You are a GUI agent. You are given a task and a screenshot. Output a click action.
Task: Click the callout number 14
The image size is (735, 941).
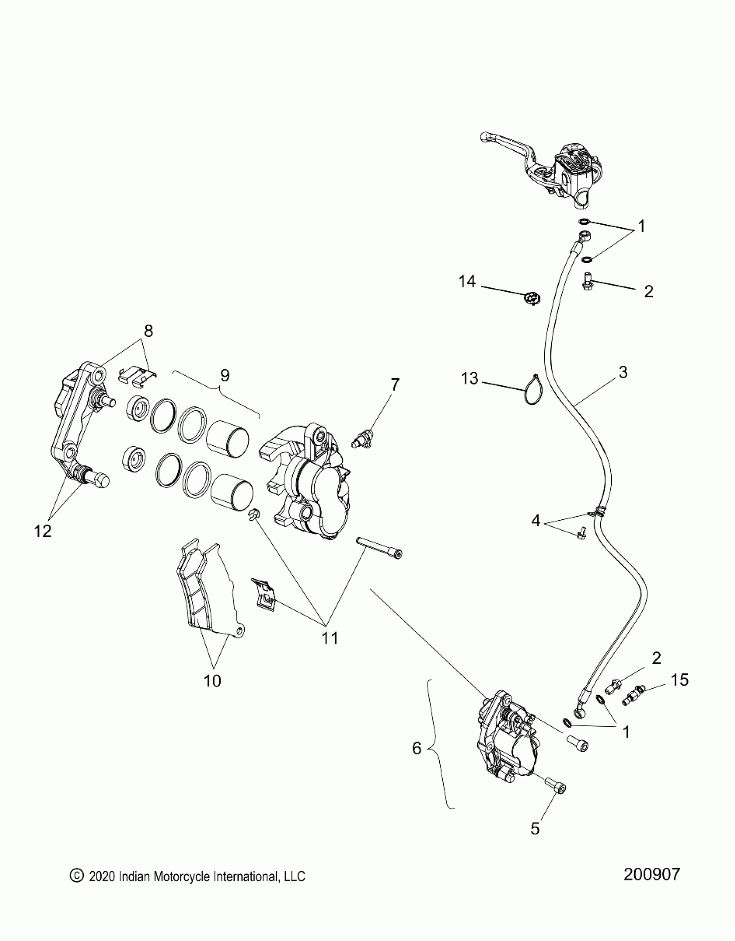tap(467, 282)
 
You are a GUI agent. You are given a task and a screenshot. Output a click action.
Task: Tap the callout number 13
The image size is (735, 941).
tap(470, 379)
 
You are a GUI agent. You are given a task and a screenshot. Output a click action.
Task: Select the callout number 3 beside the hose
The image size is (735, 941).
tap(623, 373)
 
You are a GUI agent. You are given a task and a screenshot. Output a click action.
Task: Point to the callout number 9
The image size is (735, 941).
tap(224, 376)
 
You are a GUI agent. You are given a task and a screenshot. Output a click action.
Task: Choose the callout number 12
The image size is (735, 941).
tap(42, 531)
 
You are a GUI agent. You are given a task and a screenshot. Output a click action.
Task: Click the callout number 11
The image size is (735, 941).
tap(330, 638)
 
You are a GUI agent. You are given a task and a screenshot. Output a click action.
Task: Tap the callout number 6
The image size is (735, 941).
tap(416, 748)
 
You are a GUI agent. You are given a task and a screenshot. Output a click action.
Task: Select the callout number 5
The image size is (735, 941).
tap(535, 828)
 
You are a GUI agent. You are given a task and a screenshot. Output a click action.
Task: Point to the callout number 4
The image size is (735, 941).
tap(536, 520)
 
